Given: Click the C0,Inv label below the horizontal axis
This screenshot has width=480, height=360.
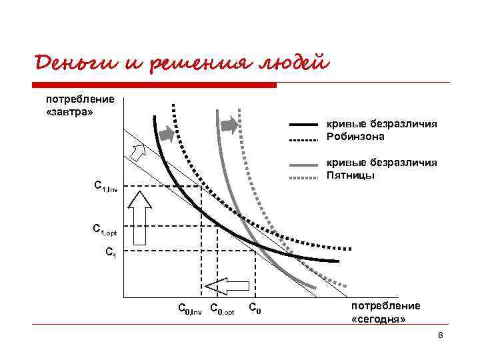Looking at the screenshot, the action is [189, 309].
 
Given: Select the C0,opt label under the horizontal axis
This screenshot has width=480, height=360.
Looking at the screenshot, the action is [222, 309].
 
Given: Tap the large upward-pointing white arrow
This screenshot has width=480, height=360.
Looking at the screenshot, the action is [140, 217].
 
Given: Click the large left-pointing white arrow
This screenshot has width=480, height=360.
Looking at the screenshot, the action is [226, 286].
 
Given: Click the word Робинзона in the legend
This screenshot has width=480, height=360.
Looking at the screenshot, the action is [355, 137].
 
